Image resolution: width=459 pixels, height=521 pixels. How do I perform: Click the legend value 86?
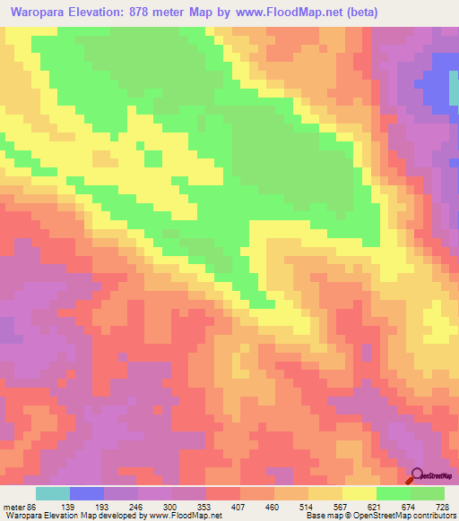(35, 506)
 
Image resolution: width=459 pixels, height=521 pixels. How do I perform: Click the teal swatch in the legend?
(52, 493)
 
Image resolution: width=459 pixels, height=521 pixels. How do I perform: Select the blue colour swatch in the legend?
(86, 493)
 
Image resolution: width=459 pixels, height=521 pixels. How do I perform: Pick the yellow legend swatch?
(359, 493)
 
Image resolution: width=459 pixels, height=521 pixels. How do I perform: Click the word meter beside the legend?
(13, 506)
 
